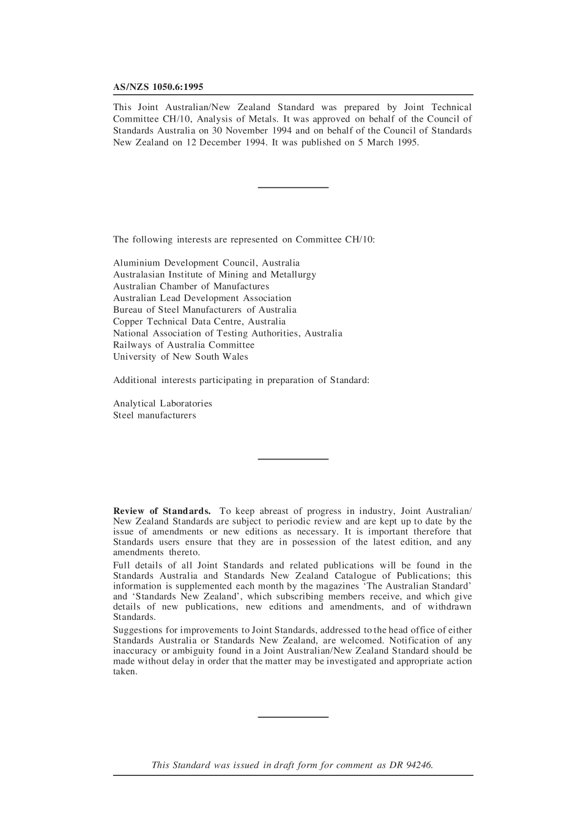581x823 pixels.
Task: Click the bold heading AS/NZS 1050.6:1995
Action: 158,88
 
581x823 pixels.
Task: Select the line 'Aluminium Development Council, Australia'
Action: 206,263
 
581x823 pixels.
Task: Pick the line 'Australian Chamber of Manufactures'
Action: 191,286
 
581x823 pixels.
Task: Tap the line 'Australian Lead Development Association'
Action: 202,298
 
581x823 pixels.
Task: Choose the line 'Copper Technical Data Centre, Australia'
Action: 199,321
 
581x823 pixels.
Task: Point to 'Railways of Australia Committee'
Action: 183,345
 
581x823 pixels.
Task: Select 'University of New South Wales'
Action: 180,357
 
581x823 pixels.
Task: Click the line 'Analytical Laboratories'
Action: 163,404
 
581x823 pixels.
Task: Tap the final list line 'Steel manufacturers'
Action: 155,415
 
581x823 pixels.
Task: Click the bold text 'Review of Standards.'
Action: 162,511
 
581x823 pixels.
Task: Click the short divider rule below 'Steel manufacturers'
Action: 293,458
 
